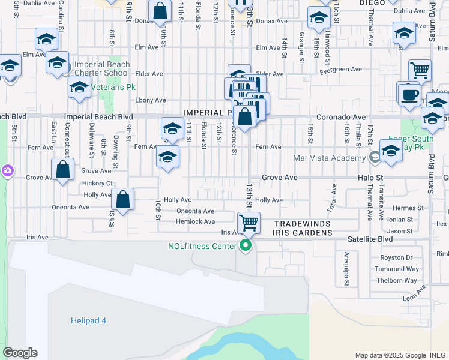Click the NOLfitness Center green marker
coord(245,245)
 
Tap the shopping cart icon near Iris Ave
coord(249,223)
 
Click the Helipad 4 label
coord(88,320)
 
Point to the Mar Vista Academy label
coord(329,158)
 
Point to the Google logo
coord(20,353)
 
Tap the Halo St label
coord(371,178)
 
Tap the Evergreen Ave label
coord(341,70)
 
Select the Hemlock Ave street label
coord(195,221)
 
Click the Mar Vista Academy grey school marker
coord(375,158)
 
